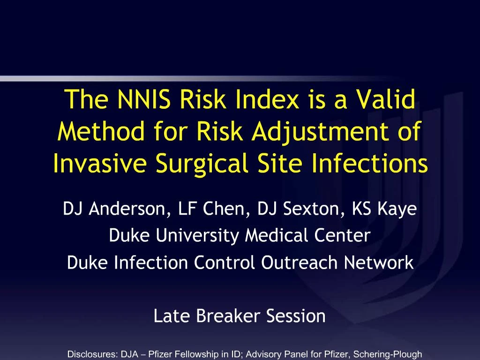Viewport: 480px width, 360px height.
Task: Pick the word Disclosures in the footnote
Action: click(93, 354)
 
